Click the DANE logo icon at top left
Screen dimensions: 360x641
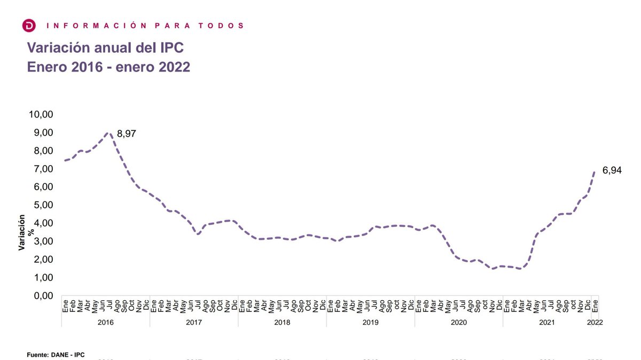29,25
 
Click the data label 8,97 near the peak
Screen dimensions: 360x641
127,134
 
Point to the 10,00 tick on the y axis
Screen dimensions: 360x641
41,114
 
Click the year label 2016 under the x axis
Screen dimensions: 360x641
105,323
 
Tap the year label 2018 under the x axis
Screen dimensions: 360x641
282,323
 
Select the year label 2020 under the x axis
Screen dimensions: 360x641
458,323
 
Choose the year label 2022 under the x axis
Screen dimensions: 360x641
595,323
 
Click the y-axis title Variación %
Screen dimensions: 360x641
26,232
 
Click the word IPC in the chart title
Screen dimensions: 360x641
170,48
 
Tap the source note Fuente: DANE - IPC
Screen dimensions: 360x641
56,354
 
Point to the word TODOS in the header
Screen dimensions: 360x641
227,25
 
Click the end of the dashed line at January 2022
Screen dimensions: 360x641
595,171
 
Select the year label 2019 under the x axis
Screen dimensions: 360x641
370,323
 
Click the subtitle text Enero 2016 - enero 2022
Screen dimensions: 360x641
108,68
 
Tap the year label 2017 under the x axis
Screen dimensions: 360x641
193,323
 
